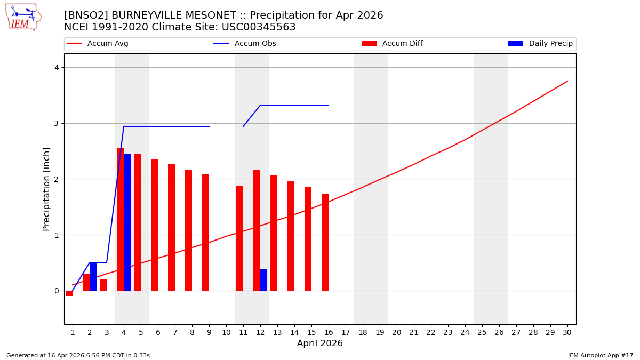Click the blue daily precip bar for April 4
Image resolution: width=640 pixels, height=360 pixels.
(127, 222)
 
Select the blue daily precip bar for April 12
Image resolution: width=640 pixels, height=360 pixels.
(263, 280)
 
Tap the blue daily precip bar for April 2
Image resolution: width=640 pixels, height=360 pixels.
(93, 276)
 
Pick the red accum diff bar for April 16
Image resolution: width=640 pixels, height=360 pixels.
(325, 242)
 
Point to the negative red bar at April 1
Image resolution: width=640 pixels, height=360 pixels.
(69, 293)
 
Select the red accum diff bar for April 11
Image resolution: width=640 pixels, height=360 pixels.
(239, 238)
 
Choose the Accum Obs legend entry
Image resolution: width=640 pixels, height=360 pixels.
(255, 44)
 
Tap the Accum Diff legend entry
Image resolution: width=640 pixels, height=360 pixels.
(402, 44)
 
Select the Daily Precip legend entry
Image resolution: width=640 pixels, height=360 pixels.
(550, 44)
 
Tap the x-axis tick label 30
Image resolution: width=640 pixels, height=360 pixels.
(567, 332)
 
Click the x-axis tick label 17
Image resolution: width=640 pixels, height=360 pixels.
(346, 332)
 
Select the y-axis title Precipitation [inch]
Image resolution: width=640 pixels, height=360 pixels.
(46, 189)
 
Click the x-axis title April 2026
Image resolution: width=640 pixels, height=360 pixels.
(320, 343)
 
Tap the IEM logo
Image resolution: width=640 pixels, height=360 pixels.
(23, 17)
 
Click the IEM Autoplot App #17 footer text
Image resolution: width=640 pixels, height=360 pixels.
(601, 355)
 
